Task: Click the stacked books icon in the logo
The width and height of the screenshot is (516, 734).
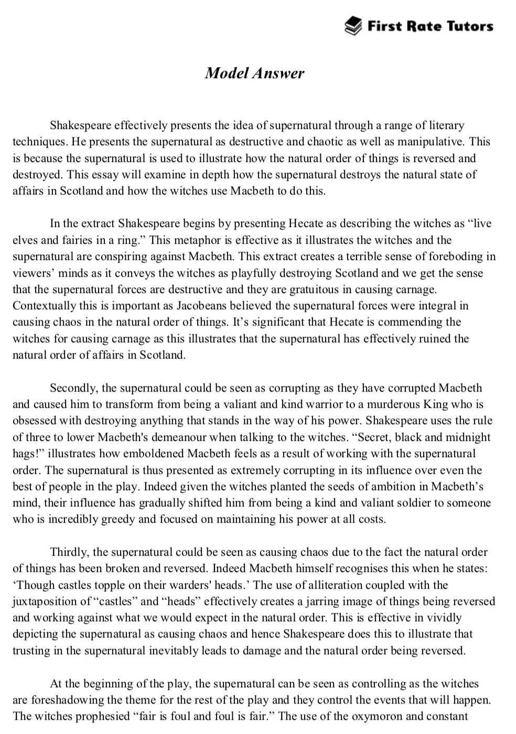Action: pyautogui.click(x=353, y=26)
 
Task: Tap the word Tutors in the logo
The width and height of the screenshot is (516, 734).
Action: pyautogui.click(x=468, y=26)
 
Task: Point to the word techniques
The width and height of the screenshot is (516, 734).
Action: pyautogui.click(x=40, y=142)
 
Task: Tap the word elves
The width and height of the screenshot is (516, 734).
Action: pyautogui.click(x=24, y=240)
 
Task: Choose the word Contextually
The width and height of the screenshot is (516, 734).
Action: pyautogui.click(x=44, y=306)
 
